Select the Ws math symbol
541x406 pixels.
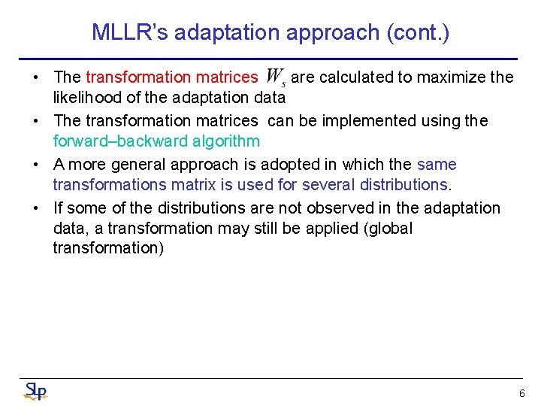[275, 77]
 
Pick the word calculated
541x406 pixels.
[352, 77]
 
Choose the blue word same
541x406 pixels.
[437, 164]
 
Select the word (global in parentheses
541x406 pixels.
[388, 228]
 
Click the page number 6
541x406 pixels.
[521, 393]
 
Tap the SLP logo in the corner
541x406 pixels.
[35, 391]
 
